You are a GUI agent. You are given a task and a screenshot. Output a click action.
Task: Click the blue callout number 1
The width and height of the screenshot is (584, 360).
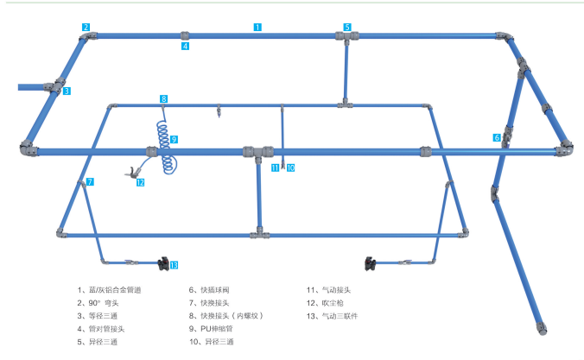pyautogui.click(x=257, y=27)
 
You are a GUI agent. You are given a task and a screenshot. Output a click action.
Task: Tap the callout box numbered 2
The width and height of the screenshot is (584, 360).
pyautogui.click(x=86, y=27)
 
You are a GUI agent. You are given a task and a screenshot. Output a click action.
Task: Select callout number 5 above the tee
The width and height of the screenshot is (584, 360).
pyautogui.click(x=347, y=27)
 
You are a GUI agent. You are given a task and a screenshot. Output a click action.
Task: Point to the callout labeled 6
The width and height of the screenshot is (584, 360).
pyautogui.click(x=497, y=137)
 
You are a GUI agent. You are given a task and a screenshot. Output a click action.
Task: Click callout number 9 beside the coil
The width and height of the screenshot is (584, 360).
pyautogui.click(x=174, y=139)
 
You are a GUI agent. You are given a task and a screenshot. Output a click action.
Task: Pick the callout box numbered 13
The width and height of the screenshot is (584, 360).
pyautogui.click(x=174, y=265)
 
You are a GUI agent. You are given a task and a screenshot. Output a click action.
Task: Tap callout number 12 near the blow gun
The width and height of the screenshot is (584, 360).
pyautogui.click(x=140, y=182)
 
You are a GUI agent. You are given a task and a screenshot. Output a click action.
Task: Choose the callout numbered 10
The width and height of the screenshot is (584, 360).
pyautogui.click(x=290, y=167)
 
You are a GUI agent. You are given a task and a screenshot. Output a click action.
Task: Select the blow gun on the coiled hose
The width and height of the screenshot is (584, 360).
pyautogui.click(x=133, y=172)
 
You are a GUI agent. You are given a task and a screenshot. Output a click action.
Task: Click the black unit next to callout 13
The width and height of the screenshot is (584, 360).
pyautogui.click(x=162, y=262)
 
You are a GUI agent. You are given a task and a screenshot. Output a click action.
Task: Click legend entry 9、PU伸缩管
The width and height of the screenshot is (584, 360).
pyautogui.click(x=214, y=329)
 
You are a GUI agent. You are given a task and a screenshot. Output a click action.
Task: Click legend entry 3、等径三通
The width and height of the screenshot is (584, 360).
pyautogui.click(x=99, y=316)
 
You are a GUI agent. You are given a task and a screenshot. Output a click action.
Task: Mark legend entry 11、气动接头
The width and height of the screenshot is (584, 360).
pyautogui.click(x=324, y=290)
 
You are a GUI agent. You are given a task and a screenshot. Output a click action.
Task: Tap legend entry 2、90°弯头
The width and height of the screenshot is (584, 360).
pyautogui.click(x=98, y=303)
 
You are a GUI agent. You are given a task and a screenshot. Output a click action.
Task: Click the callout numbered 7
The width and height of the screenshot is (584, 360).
pyautogui.click(x=90, y=181)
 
